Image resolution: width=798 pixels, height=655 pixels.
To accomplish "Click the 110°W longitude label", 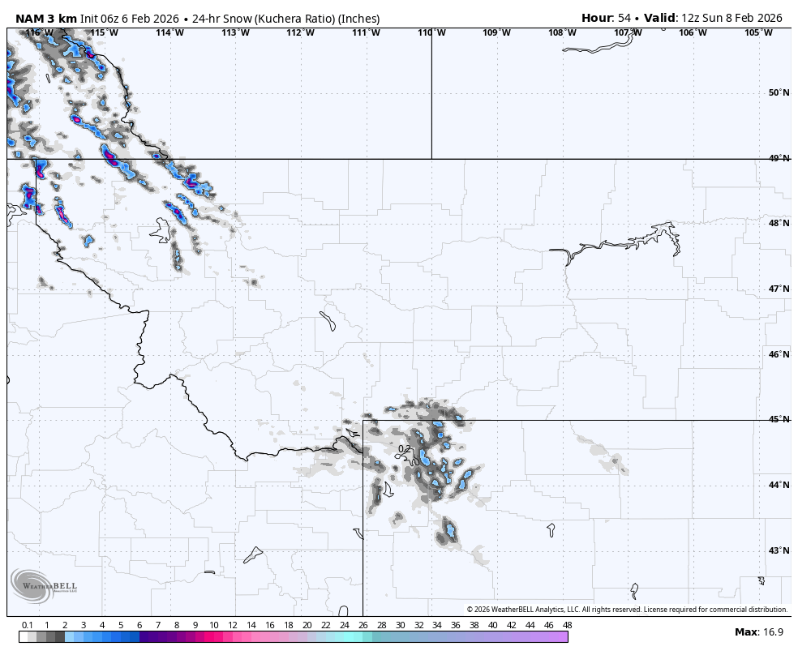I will pos(431,33).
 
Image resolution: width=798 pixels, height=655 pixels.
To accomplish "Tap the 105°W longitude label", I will pos(758,33).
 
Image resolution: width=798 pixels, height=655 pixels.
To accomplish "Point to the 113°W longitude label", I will pos(234,33).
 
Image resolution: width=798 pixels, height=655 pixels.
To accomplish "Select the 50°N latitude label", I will pos(779,92).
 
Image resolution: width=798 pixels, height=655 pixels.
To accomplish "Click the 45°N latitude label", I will pos(779,420).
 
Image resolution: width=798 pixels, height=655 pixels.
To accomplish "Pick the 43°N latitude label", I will pos(779,551).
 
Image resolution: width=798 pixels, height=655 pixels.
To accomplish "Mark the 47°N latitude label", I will pos(779,289).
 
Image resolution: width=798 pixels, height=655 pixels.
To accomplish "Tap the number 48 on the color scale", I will pos(567,625).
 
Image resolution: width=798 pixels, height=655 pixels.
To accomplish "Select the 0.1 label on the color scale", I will pos(27,625).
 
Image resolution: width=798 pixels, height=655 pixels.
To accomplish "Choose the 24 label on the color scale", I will pos(344,625).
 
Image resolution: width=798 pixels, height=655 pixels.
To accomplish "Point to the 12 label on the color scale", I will pos(232,625).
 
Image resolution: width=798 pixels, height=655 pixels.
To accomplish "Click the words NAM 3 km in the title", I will pos(45,19).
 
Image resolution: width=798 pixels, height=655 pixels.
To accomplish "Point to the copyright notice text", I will pos(627,610).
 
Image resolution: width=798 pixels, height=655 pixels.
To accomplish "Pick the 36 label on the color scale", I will pos(456,625).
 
